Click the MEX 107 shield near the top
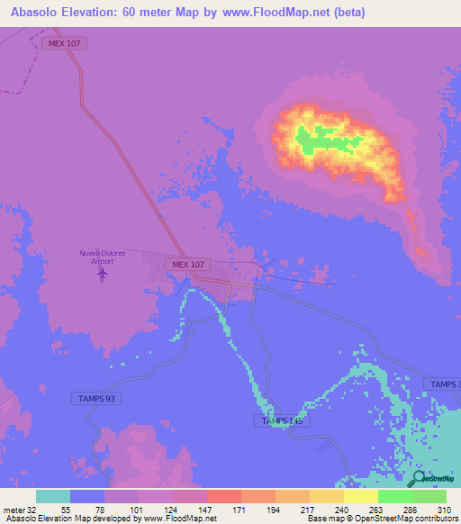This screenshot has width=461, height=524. [63, 43]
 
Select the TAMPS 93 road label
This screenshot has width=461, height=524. [95, 398]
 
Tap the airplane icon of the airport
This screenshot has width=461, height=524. [102, 272]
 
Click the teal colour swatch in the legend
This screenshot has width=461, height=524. [53, 496]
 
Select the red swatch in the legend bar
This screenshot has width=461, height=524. [223, 496]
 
